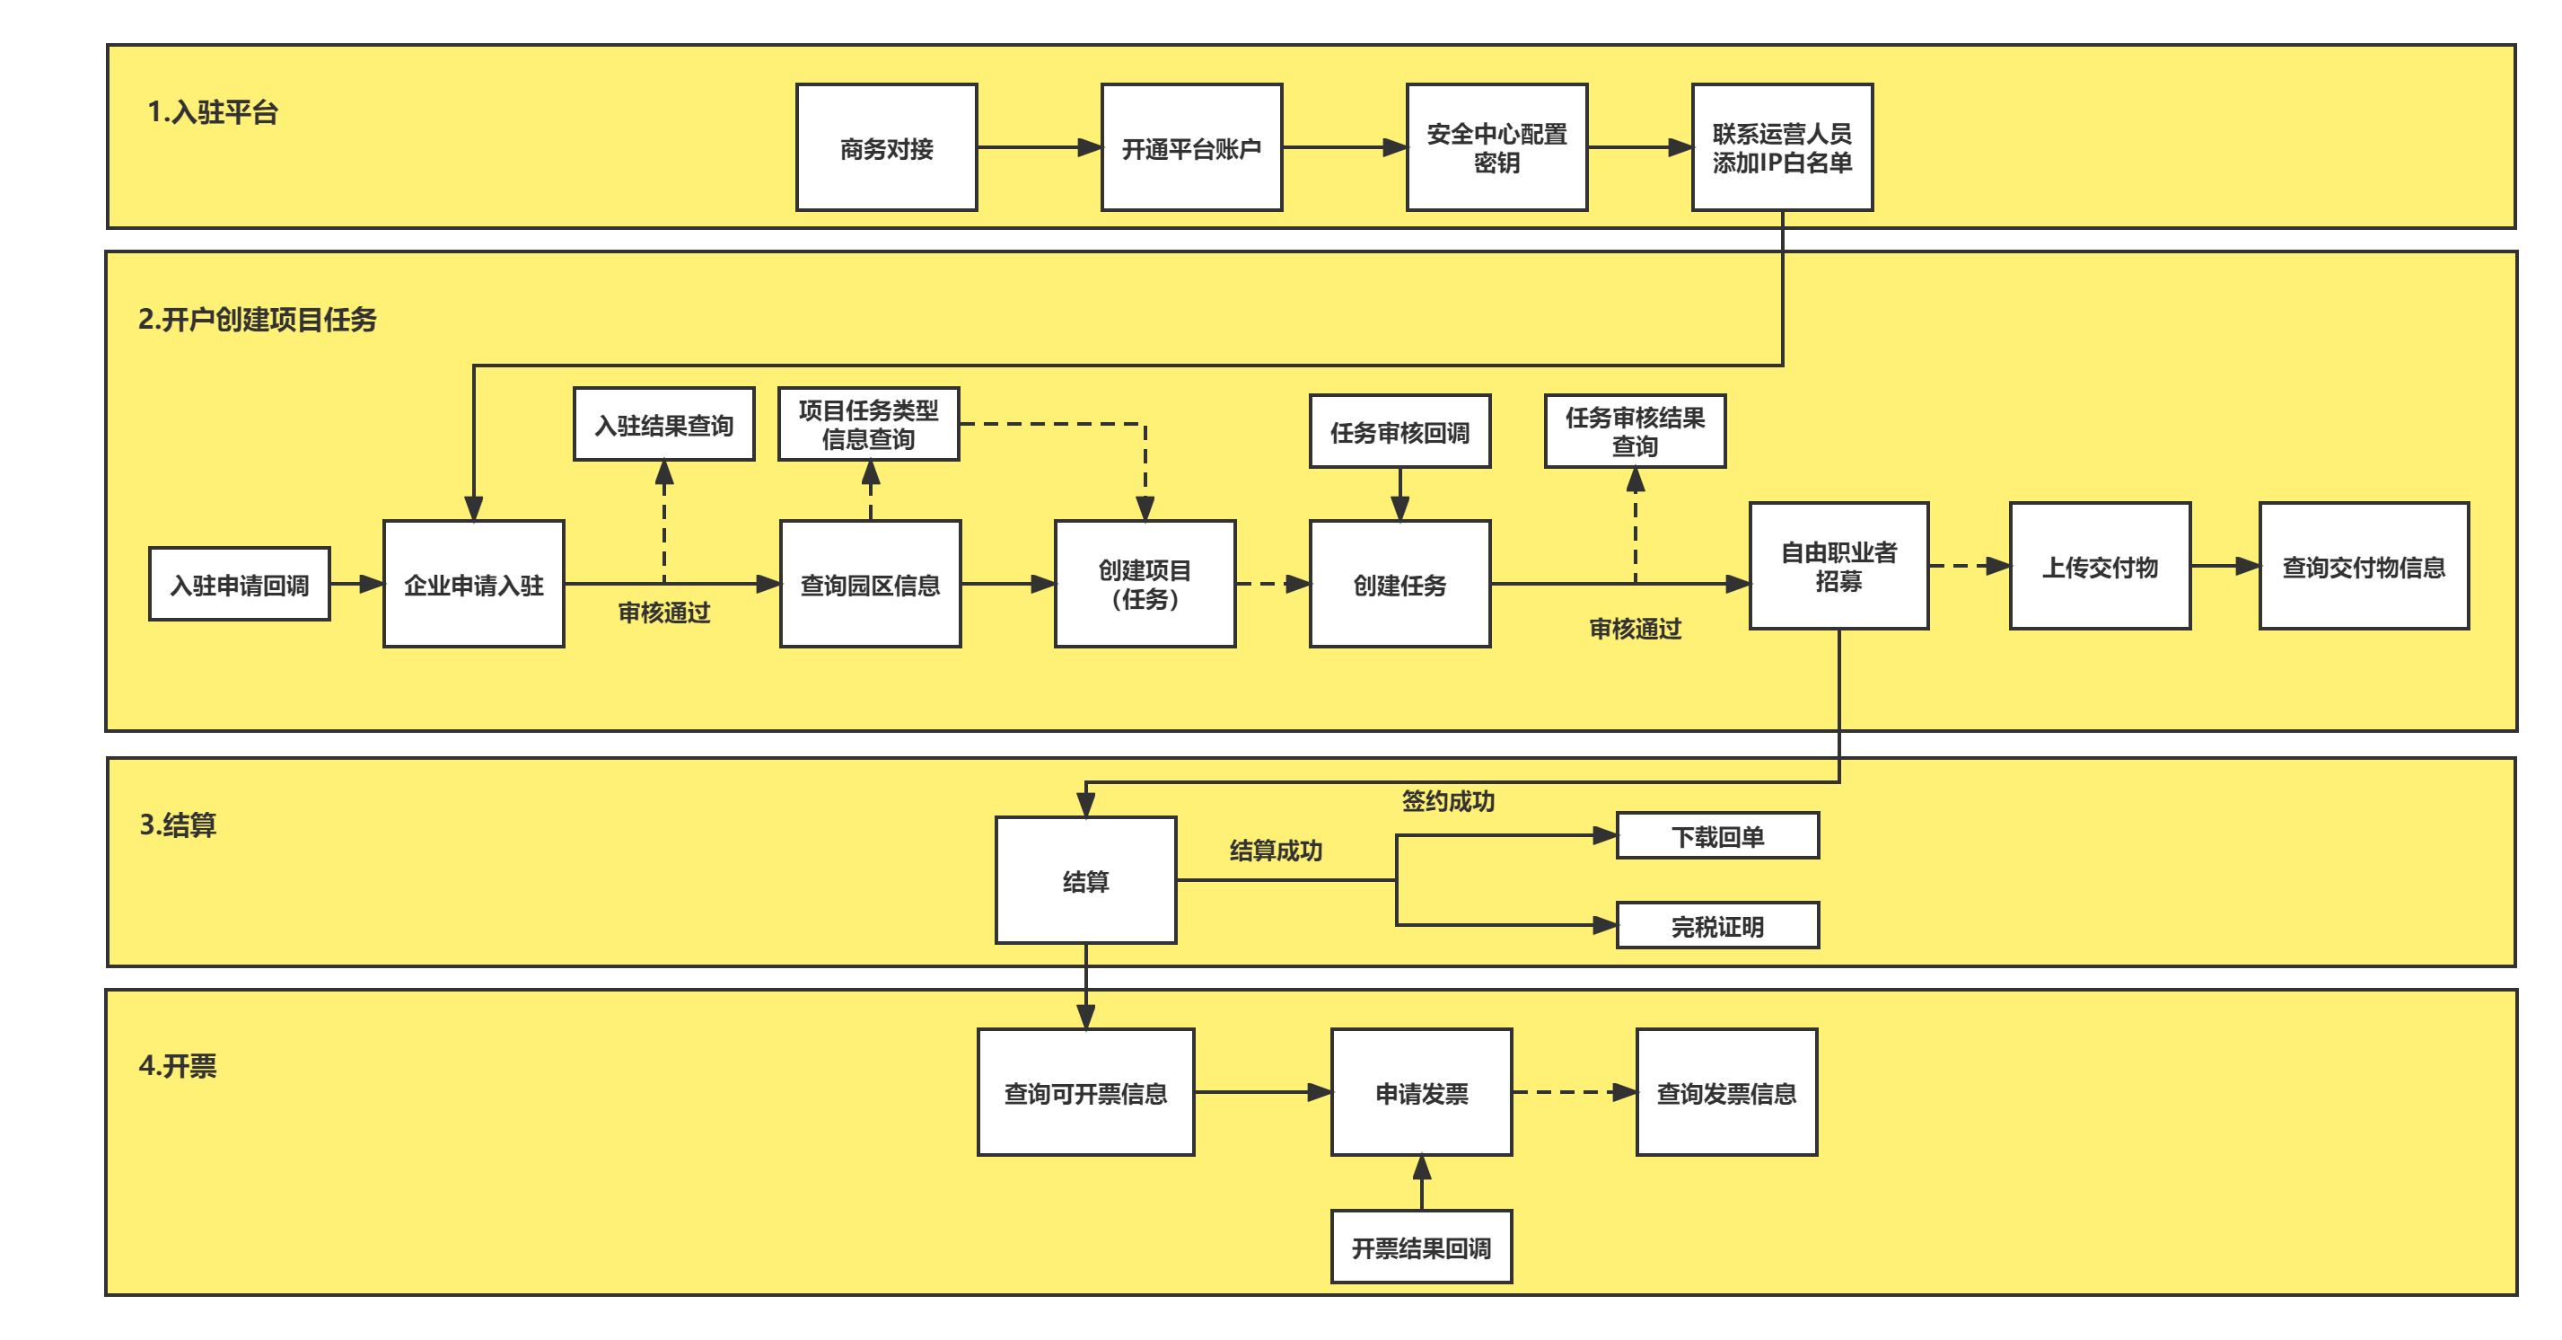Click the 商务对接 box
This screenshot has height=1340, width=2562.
pos(886,147)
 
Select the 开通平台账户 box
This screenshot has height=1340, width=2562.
pos(1190,147)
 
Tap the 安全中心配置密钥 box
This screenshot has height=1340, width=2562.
pos(1496,147)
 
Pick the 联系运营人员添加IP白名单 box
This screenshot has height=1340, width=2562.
pos(1781,147)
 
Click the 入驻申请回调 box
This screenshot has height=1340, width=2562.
pos(239,584)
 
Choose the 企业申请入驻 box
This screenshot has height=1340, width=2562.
pos(473,584)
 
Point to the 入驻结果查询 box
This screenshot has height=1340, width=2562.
pos(663,425)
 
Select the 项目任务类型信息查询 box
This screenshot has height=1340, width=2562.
pos(868,425)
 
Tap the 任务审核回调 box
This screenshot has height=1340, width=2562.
pos(1399,432)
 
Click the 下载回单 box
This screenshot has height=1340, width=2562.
pos(1716,835)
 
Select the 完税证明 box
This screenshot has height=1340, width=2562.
pos(1716,926)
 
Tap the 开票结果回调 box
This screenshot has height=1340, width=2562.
pos(1420,1247)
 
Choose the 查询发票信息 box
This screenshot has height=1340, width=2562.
pos(1725,1092)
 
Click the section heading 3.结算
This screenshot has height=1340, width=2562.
pos(178,824)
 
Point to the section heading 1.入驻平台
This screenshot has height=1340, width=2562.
pos(213,111)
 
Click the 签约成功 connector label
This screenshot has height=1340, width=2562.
pos(1447,801)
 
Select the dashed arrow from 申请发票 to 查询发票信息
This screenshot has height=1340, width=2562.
pos(1574,1092)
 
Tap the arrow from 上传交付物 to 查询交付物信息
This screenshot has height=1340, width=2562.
pos(2224,566)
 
